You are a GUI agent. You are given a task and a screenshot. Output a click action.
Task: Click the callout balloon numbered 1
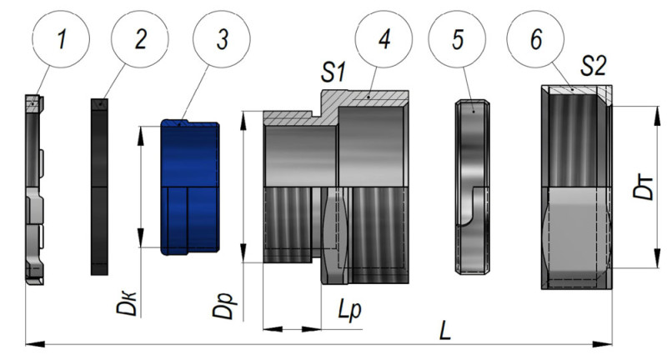61,39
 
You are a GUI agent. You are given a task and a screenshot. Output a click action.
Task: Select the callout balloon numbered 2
140,39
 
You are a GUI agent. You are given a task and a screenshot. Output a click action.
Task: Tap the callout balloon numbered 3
222,39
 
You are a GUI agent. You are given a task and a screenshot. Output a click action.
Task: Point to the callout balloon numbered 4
384,39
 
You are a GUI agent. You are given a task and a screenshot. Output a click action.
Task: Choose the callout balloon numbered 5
457,39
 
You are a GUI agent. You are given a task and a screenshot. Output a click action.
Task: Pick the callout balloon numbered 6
535,39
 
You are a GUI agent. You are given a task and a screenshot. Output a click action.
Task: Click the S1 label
333,72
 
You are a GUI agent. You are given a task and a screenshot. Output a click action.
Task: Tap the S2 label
594,66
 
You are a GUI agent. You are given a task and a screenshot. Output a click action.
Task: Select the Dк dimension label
127,302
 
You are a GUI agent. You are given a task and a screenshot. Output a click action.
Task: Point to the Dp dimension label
223,305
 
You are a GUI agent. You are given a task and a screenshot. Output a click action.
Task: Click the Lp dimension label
349,310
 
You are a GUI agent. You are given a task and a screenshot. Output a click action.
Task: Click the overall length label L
445,330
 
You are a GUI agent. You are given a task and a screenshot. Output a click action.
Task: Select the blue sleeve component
190,187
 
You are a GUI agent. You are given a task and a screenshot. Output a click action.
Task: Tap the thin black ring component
99,187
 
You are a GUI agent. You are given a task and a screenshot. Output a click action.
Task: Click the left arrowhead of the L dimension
35,344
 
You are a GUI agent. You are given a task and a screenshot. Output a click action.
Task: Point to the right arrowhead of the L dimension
603,344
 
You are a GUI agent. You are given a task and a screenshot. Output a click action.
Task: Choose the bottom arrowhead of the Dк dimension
140,237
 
